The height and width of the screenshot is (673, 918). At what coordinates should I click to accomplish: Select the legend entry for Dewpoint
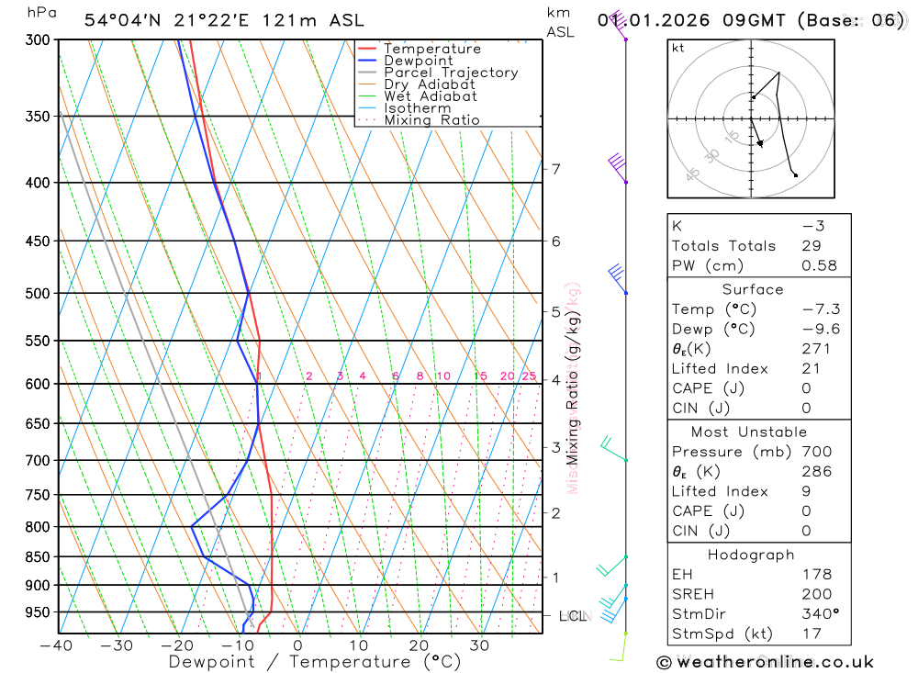419,61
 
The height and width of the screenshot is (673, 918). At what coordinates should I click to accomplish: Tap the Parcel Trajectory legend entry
451,73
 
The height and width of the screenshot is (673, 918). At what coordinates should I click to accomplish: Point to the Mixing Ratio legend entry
431,120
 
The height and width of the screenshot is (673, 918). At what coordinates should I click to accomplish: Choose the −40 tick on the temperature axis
57,645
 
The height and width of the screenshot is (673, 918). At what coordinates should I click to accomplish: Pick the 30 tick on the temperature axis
479,645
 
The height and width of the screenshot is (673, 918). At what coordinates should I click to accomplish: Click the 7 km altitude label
555,169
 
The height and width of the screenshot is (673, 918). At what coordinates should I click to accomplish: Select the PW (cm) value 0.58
819,265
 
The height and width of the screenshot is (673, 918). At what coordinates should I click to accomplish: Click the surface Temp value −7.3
821,309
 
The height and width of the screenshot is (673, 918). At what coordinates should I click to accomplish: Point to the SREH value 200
817,594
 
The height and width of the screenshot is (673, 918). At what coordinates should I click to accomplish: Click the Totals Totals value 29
811,246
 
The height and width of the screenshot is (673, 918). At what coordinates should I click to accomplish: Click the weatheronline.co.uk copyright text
765,661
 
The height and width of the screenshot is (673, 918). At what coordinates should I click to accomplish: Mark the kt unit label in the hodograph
678,49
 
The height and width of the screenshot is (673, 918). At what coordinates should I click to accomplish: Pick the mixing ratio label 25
529,376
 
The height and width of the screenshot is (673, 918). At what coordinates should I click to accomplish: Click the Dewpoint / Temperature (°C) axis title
299,661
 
